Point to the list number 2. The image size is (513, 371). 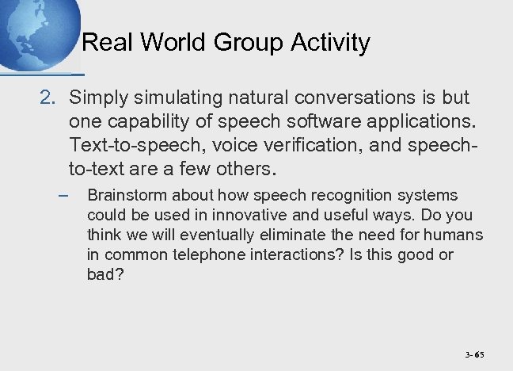pyautogui.click(x=48, y=98)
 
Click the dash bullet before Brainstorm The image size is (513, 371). pyautogui.click(x=63, y=195)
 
